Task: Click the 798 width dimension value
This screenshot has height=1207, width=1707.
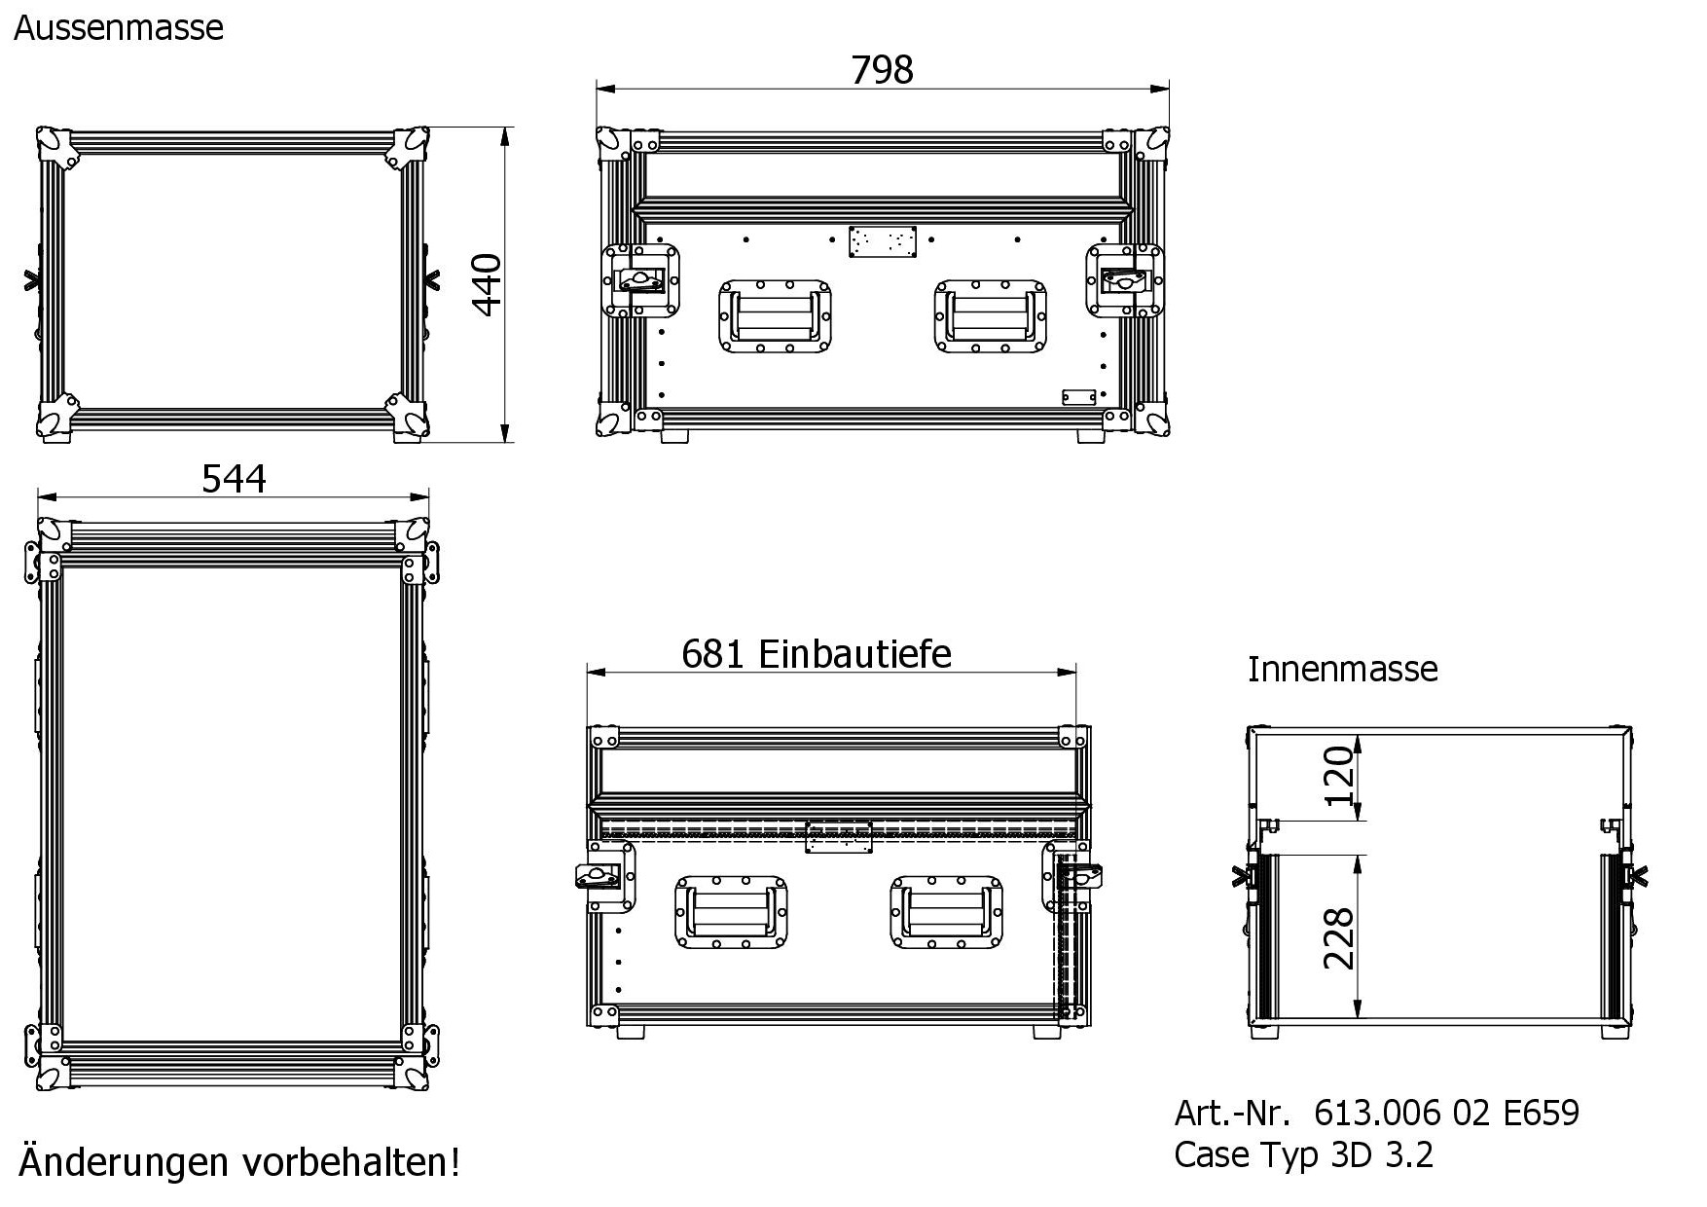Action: pos(882,70)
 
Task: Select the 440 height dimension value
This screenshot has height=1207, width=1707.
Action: pos(486,285)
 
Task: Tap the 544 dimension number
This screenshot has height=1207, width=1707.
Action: pos(234,479)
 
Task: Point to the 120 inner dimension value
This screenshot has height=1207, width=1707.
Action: pos(1339,775)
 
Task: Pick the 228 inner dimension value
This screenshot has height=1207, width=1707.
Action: pos(1339,938)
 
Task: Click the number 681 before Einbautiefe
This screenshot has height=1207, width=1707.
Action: pos(714,654)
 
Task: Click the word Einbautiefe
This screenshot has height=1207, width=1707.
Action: pos(854,654)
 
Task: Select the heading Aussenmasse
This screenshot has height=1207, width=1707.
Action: pos(119,27)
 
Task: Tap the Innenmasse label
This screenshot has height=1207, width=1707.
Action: pos(1342,669)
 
